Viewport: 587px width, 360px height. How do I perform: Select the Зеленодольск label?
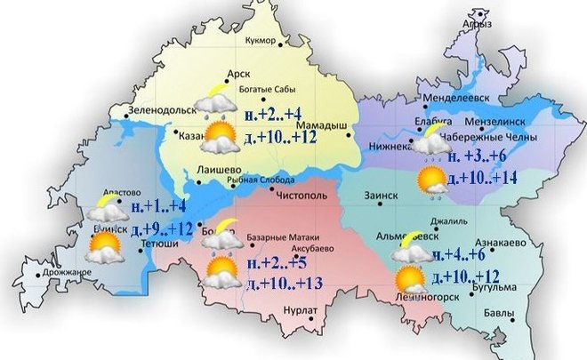point(162,111)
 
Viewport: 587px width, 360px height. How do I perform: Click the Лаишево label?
point(217,170)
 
